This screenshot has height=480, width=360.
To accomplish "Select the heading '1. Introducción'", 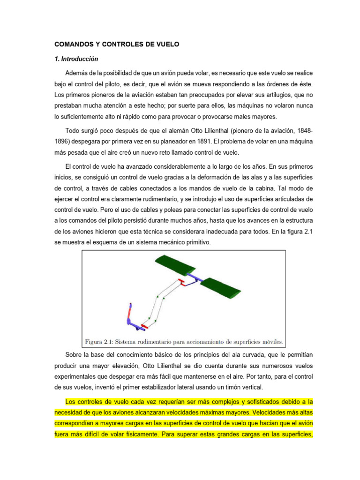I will [x=76, y=60].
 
